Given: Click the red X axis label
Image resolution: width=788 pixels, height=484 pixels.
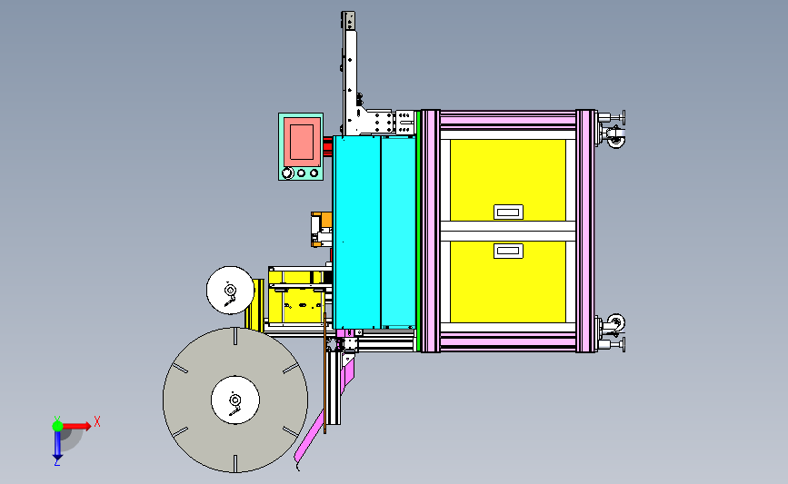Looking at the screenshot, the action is tap(97, 421).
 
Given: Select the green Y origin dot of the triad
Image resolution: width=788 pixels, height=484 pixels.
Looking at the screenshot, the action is tap(57, 426).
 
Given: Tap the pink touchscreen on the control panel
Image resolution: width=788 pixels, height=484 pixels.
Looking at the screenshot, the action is tap(302, 142).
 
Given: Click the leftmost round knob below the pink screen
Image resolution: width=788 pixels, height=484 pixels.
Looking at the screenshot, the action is tap(287, 173).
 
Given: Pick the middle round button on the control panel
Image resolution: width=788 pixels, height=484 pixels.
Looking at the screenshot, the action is tap(301, 173).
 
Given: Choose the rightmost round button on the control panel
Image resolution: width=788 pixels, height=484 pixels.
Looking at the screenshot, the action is tap(314, 173).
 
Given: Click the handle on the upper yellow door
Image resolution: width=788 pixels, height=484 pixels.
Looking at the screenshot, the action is tap(508, 212).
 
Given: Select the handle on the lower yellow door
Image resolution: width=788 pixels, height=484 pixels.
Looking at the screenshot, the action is tap(508, 251).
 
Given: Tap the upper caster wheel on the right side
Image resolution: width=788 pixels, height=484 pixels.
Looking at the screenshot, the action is tap(616, 140).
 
